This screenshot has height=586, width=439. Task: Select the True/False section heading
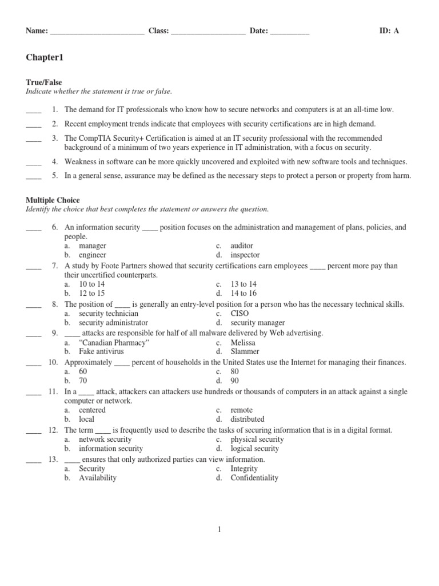pos(44,82)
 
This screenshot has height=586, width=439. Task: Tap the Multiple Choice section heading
pos(52,200)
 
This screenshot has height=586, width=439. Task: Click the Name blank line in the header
pos(97,32)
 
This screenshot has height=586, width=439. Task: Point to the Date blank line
pos(289,32)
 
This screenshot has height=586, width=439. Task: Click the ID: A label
pos(389,31)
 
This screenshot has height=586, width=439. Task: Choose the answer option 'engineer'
pos(93,255)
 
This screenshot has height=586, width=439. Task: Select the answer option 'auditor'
pos(242,246)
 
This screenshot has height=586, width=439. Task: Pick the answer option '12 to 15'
pos(92,294)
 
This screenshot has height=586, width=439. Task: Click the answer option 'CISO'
pos(241,314)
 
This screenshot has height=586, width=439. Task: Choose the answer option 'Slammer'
pos(245,351)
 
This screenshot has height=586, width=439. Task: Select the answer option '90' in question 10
pos(235,381)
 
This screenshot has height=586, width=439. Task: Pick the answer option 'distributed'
pos(248,419)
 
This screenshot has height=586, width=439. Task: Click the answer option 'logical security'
pos(255,449)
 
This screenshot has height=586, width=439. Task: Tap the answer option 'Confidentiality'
pos(254,478)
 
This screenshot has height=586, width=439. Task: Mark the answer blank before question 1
pos(34,109)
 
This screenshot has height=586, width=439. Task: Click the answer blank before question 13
pos(34,460)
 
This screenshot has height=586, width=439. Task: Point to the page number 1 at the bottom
pos(219,530)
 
